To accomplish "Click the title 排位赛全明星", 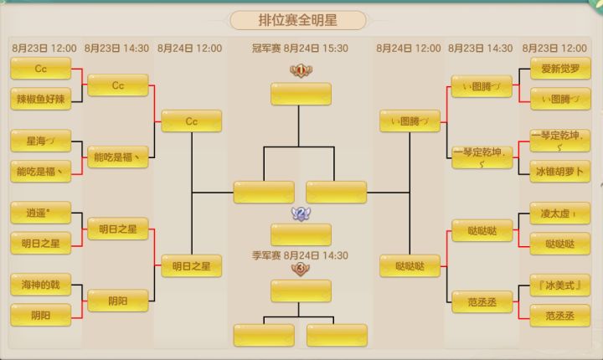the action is click(297, 20).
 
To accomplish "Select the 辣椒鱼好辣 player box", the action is click(41, 99).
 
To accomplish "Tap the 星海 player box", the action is click(41, 141).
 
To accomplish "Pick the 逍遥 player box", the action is click(41, 213).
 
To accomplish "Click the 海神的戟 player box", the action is click(41, 285).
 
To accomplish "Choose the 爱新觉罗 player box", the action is click(560, 69).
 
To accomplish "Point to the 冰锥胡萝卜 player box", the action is click(560, 172).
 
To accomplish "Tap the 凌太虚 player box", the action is click(560, 213).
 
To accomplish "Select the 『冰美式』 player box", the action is click(560, 285).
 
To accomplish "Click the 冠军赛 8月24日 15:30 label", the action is click(300, 49).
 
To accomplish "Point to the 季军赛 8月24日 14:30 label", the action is click(300, 255).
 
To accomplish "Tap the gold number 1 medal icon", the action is click(301, 70).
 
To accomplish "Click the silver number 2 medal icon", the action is click(301, 213).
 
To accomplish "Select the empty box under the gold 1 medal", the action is click(301, 94).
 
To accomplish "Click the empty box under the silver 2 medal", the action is click(301, 234).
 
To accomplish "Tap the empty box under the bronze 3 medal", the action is click(301, 291).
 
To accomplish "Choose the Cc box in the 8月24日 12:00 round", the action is click(192, 121).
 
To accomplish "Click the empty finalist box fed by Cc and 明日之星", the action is click(264, 192).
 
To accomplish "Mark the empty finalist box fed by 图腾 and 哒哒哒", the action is click(337, 192).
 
